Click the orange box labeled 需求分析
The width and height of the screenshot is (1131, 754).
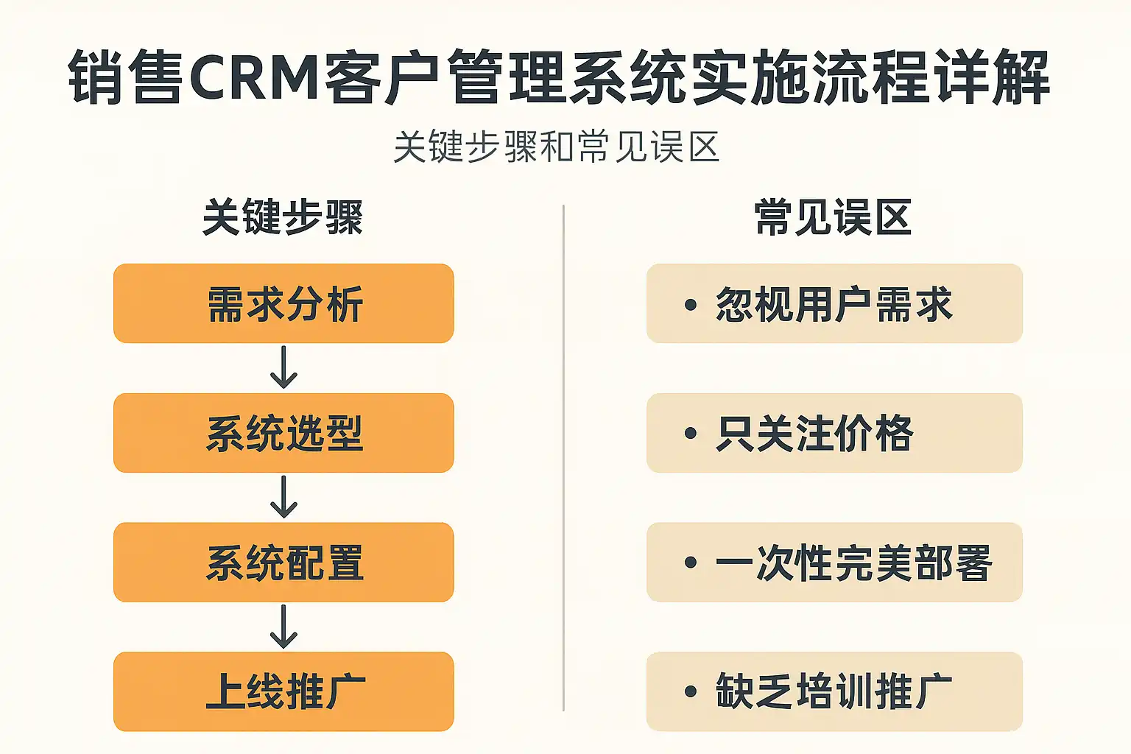[x=283, y=303]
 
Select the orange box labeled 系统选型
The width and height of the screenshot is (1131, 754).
[x=283, y=433]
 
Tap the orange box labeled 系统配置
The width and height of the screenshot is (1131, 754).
[x=283, y=563]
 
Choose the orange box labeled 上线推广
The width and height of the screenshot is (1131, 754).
[x=283, y=691]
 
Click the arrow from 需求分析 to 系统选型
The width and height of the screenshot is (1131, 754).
[x=283, y=367]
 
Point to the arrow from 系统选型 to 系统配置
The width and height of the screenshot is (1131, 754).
[x=283, y=497]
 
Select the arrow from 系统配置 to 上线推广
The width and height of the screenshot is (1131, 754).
[x=283, y=627]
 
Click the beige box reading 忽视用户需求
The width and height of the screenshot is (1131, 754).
[x=834, y=303]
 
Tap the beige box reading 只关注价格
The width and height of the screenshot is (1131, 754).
[x=834, y=433]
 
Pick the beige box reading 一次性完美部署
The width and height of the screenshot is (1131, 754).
[x=834, y=563]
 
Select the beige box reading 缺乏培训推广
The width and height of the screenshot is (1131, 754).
[x=834, y=691]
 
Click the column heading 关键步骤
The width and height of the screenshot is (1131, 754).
[x=283, y=218]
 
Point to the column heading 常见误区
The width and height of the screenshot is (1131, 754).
[x=834, y=218]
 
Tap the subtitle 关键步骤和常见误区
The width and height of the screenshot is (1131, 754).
[x=557, y=147]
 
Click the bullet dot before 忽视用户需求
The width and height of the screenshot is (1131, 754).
[x=691, y=304]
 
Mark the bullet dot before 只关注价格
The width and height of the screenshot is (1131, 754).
[x=691, y=434]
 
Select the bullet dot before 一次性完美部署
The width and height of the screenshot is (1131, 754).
[x=691, y=563]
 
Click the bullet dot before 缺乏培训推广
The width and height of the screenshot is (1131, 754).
[x=691, y=692]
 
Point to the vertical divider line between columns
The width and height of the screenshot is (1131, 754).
[x=564, y=457]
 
